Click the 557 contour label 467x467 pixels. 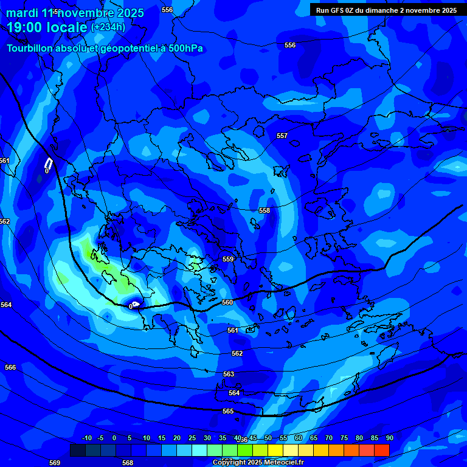(282, 136)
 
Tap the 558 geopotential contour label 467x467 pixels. (265, 210)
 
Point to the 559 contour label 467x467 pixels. (228, 259)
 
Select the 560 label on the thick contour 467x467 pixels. (227, 302)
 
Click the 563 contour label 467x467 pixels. (229, 374)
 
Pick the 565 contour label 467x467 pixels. (228, 412)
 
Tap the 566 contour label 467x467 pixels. (10, 367)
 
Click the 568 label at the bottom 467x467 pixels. (128, 463)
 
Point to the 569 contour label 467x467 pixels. (55, 463)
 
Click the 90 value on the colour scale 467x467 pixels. (389, 438)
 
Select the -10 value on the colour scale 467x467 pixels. (86, 438)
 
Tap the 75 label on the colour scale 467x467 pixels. (344, 438)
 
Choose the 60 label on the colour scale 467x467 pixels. (299, 438)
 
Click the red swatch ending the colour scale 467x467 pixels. (382, 451)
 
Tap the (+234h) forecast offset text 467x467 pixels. (108, 27)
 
